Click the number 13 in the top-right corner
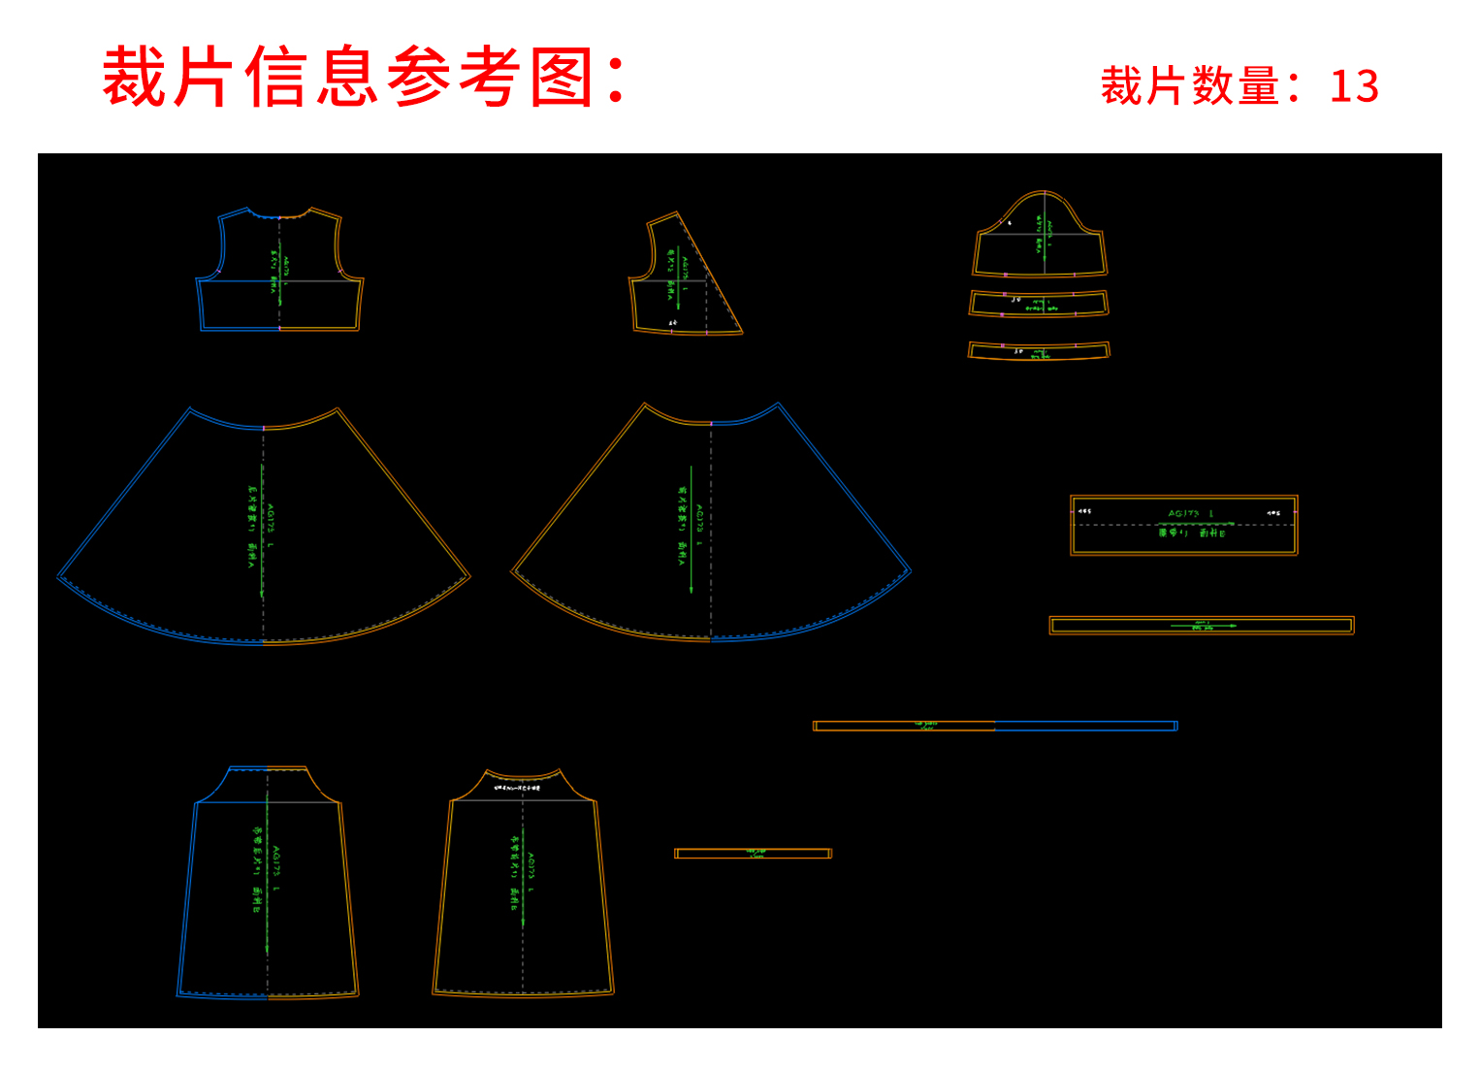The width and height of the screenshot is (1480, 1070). [1354, 87]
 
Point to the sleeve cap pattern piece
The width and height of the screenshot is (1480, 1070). [1041, 238]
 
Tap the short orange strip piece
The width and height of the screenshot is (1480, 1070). [754, 854]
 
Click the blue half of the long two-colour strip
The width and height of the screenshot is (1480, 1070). [1086, 726]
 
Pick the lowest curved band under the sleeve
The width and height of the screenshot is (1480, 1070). [1039, 350]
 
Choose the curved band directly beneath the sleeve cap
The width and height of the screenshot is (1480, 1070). [1039, 304]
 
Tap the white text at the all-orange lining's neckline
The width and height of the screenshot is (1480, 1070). [518, 788]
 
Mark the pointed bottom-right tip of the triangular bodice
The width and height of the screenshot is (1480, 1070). [741, 332]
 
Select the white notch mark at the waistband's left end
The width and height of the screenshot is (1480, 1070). [1084, 511]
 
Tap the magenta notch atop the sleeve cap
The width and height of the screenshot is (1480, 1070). [1043, 193]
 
